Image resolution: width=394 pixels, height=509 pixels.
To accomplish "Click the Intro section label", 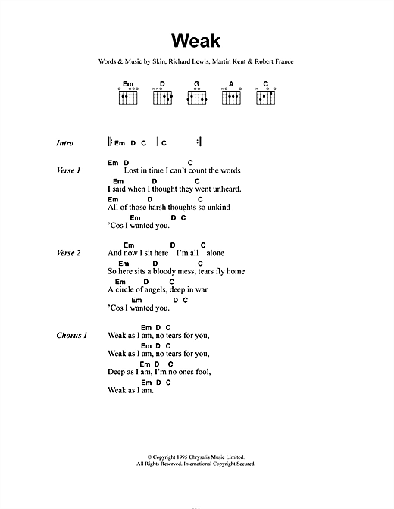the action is tap(67, 143).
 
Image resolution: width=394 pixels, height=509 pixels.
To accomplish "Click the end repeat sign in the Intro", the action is tap(199, 142).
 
